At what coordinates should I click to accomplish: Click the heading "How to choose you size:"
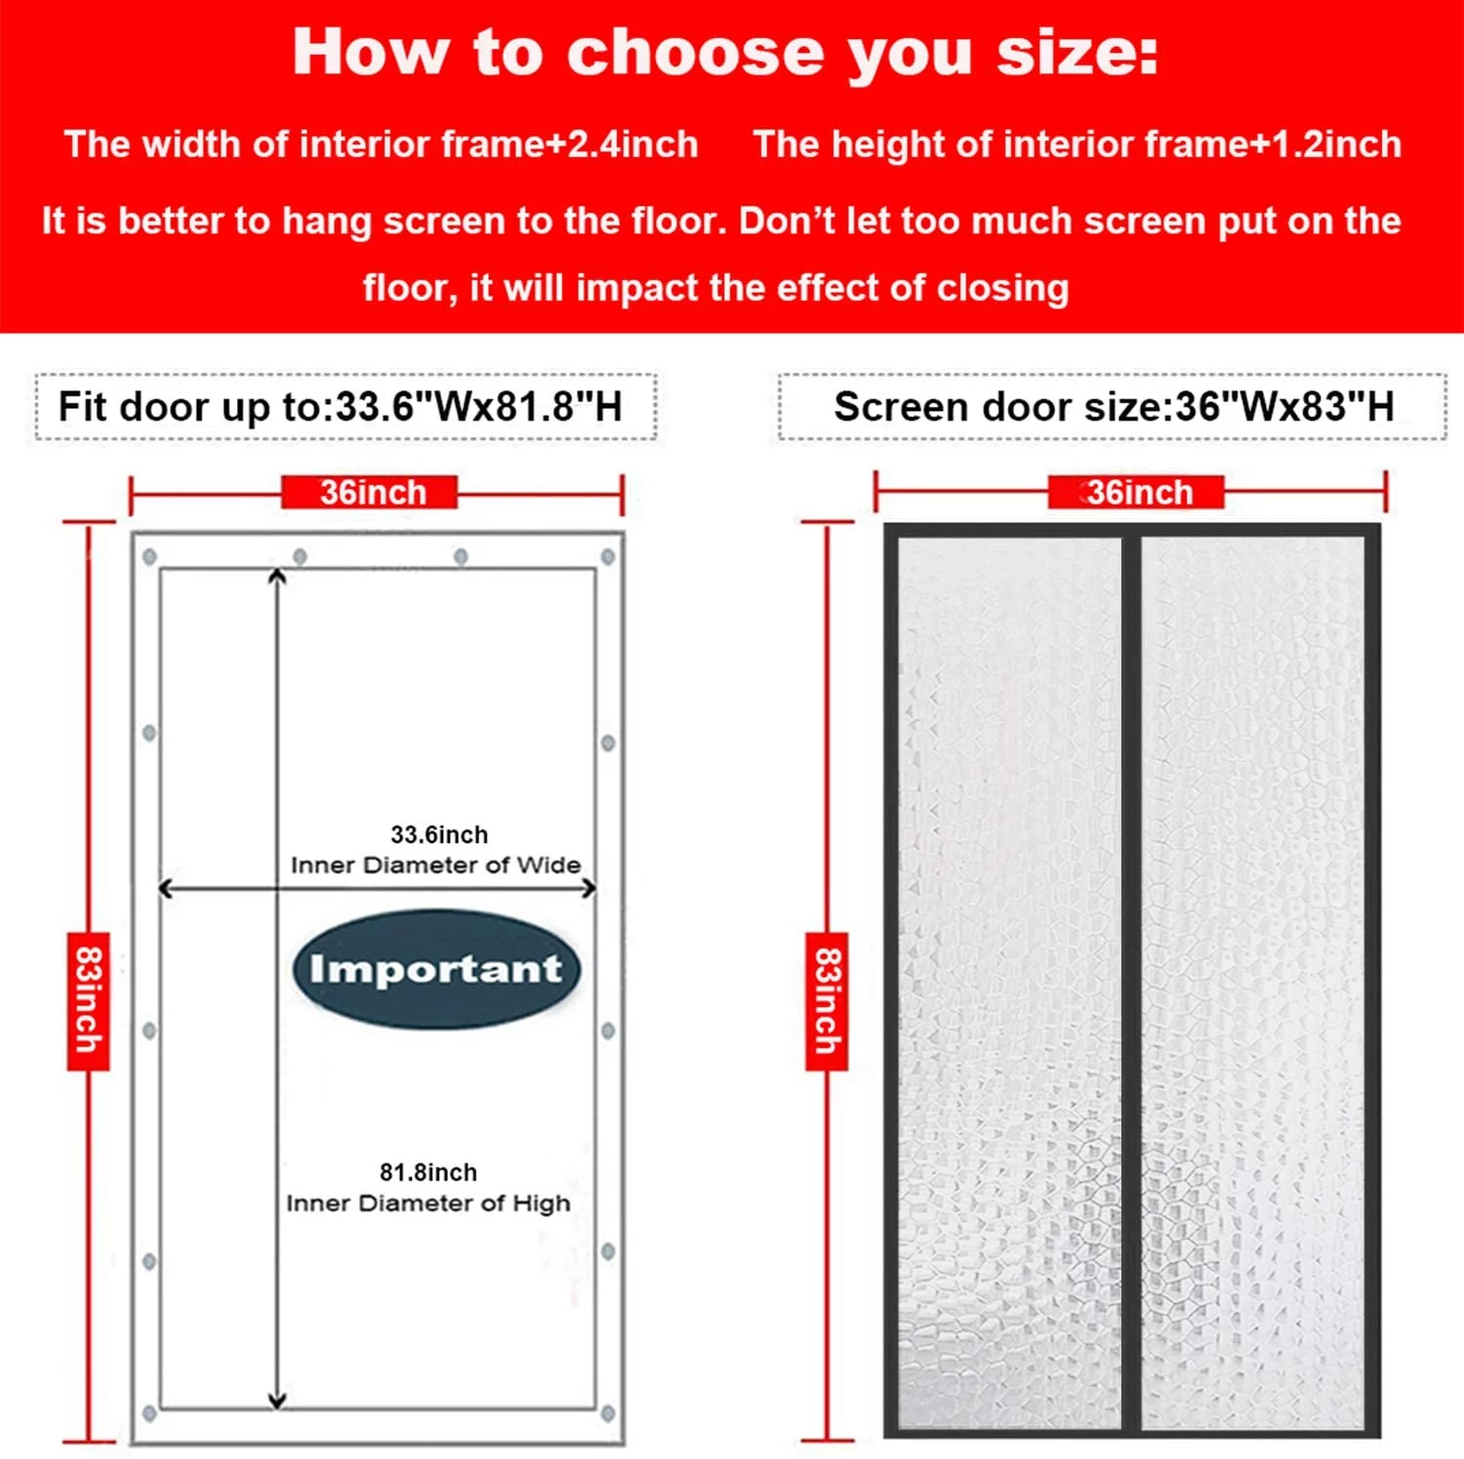725,53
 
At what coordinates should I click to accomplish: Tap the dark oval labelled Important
436,969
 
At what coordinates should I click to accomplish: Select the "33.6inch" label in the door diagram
439,834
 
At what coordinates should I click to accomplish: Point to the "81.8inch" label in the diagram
428,1172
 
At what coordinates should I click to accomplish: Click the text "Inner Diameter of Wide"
435,865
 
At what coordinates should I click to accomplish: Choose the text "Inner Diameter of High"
428,1203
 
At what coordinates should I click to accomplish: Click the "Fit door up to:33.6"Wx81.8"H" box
345,407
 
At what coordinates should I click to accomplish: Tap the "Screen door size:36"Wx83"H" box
1113,407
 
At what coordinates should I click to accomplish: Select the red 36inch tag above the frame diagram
372,493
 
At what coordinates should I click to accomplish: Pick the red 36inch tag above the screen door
1137,493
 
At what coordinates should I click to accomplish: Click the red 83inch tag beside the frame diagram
88,1001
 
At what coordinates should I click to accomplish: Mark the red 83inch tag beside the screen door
827,1001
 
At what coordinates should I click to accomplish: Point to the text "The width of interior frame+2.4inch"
382,144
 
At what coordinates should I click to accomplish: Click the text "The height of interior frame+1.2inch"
1077,144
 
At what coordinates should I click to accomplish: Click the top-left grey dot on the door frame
149,556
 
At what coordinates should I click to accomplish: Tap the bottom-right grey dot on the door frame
608,1413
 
